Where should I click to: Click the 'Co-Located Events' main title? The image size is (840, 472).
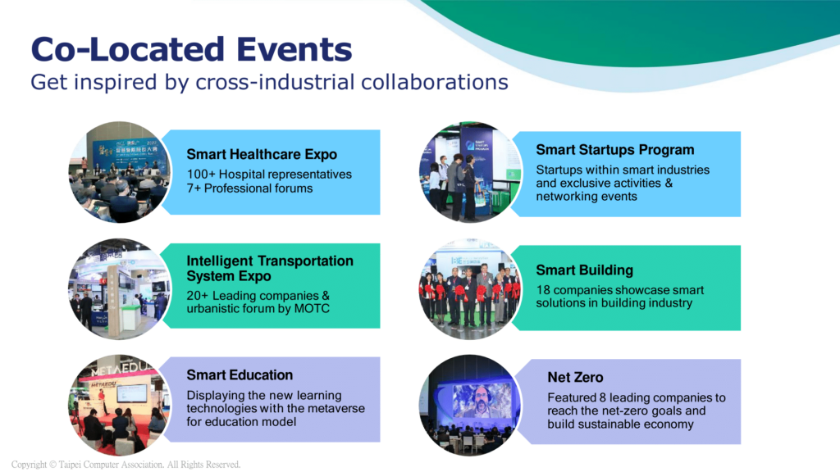(191, 49)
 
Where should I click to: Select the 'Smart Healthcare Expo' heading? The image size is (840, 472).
(262, 154)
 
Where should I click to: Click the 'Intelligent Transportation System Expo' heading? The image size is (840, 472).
(269, 268)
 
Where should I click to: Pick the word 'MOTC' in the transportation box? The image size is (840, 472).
(312, 309)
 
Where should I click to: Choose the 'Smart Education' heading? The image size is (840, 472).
(240, 374)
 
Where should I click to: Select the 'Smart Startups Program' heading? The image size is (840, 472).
(615, 150)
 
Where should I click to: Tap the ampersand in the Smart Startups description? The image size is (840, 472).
(669, 183)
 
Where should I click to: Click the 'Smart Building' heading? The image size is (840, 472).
(584, 270)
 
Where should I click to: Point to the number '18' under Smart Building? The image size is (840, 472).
(543, 290)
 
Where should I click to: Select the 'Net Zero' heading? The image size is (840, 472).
(575, 377)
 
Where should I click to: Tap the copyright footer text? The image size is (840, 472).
(126, 465)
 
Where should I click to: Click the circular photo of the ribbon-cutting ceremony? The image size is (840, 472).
(470, 289)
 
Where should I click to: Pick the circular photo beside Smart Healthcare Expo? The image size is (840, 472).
(120, 172)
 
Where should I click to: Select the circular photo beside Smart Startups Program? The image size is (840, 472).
(470, 172)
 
